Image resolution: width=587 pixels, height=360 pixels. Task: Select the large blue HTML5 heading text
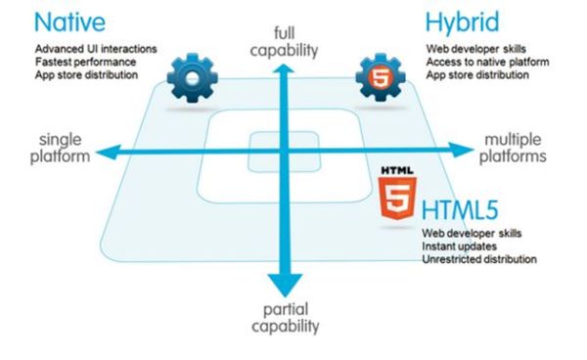(466, 211)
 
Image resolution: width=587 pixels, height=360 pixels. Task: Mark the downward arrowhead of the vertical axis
(284, 286)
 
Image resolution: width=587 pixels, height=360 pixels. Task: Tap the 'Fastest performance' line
(85, 61)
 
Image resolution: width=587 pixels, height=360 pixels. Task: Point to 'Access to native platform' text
(485, 61)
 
